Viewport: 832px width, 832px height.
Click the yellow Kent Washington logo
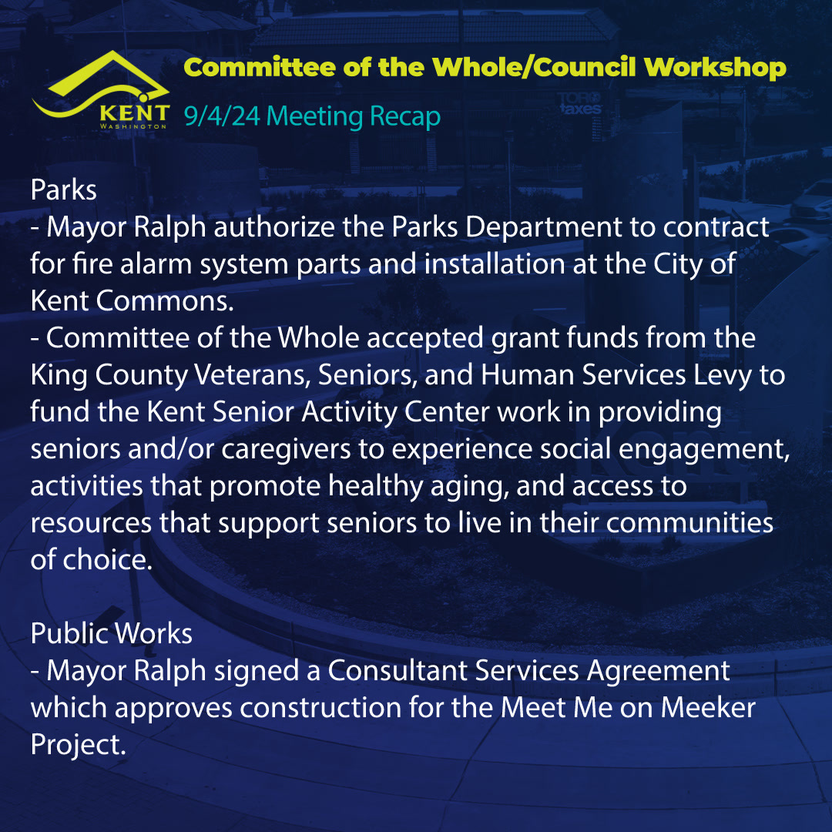(x=101, y=90)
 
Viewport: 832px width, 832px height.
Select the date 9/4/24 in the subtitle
(x=222, y=116)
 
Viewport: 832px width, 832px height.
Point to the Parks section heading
(x=64, y=190)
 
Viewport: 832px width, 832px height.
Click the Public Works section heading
(x=112, y=633)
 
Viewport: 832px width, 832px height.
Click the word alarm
(x=156, y=263)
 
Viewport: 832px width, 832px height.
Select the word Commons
(x=165, y=301)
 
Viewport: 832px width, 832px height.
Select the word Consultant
(x=398, y=670)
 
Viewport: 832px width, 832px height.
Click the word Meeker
(x=708, y=708)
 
